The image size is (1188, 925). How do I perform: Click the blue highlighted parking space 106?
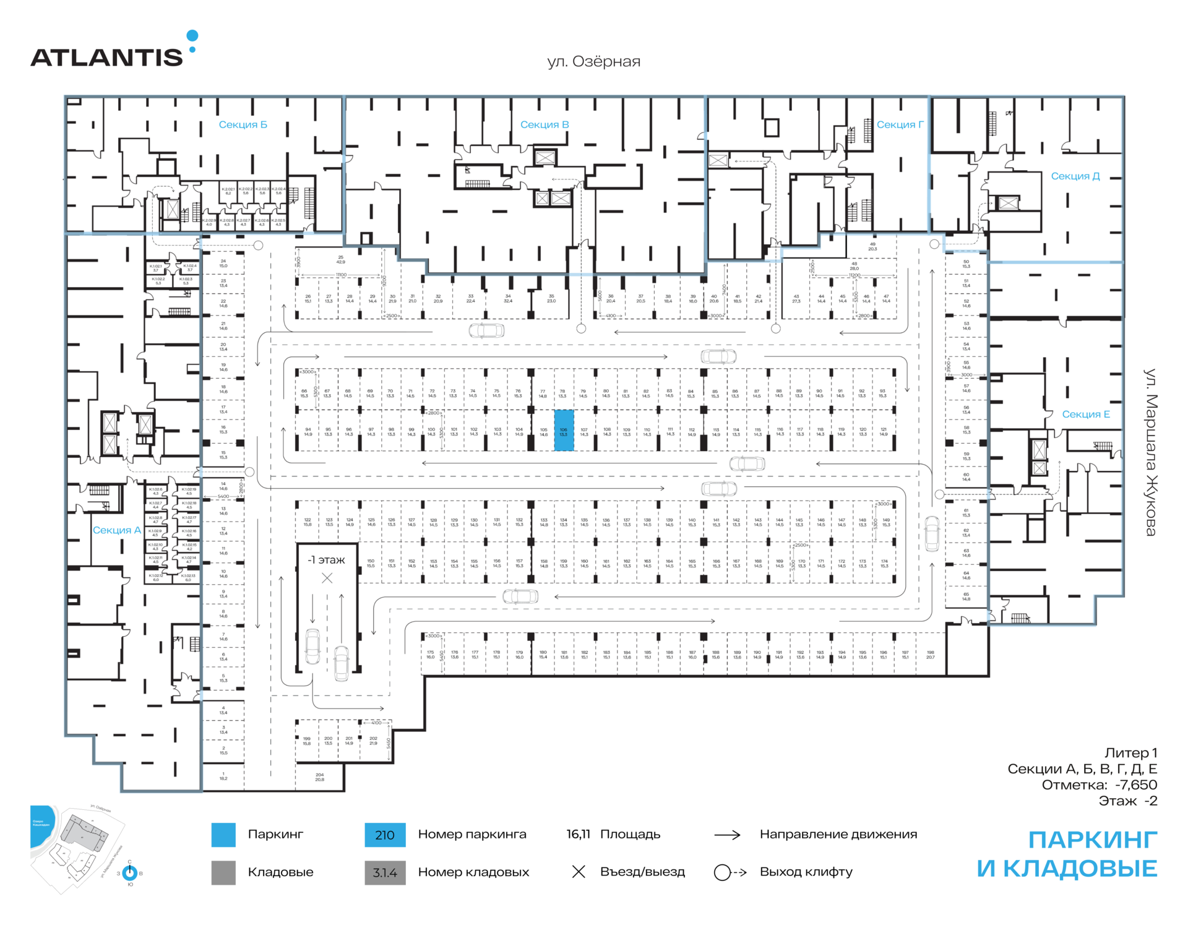[x=564, y=430]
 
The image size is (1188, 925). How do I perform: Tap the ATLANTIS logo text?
[x=106, y=58]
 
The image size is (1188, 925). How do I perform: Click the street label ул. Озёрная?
[x=593, y=61]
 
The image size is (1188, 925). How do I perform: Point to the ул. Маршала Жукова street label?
[x=1150, y=452]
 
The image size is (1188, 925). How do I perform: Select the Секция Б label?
[x=243, y=124]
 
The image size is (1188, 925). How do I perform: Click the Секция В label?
[x=544, y=124]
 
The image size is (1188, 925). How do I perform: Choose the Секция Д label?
[x=1075, y=176]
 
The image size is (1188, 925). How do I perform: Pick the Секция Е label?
[x=1085, y=414]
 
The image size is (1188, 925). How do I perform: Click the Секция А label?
[x=116, y=530]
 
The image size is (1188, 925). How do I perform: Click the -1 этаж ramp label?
[x=327, y=560]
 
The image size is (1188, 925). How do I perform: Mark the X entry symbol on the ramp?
[x=327, y=578]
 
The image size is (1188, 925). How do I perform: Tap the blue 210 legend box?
[x=385, y=835]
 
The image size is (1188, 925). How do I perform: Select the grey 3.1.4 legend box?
[x=385, y=872]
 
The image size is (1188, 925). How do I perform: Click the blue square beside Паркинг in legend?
[x=223, y=835]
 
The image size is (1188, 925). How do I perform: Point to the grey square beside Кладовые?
[x=223, y=872]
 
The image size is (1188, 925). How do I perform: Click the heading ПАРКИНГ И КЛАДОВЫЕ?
[x=1067, y=854]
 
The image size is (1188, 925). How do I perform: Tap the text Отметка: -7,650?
[x=1099, y=785]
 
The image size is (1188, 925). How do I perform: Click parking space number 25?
[x=340, y=259]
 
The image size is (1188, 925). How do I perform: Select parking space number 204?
[x=319, y=777]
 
